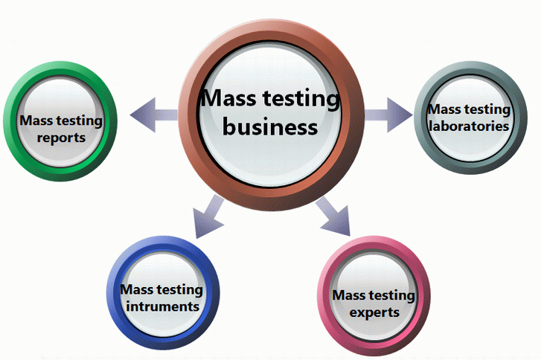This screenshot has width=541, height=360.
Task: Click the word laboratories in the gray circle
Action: (470, 126)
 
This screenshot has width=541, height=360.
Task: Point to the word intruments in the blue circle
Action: (161, 306)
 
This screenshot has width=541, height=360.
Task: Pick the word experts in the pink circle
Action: (374, 312)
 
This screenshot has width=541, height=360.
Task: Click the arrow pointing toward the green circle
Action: (153, 115)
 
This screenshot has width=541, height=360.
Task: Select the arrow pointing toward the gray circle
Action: (388, 115)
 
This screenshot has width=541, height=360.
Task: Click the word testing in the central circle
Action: (302, 98)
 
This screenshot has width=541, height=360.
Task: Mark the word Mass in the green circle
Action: (35, 120)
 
